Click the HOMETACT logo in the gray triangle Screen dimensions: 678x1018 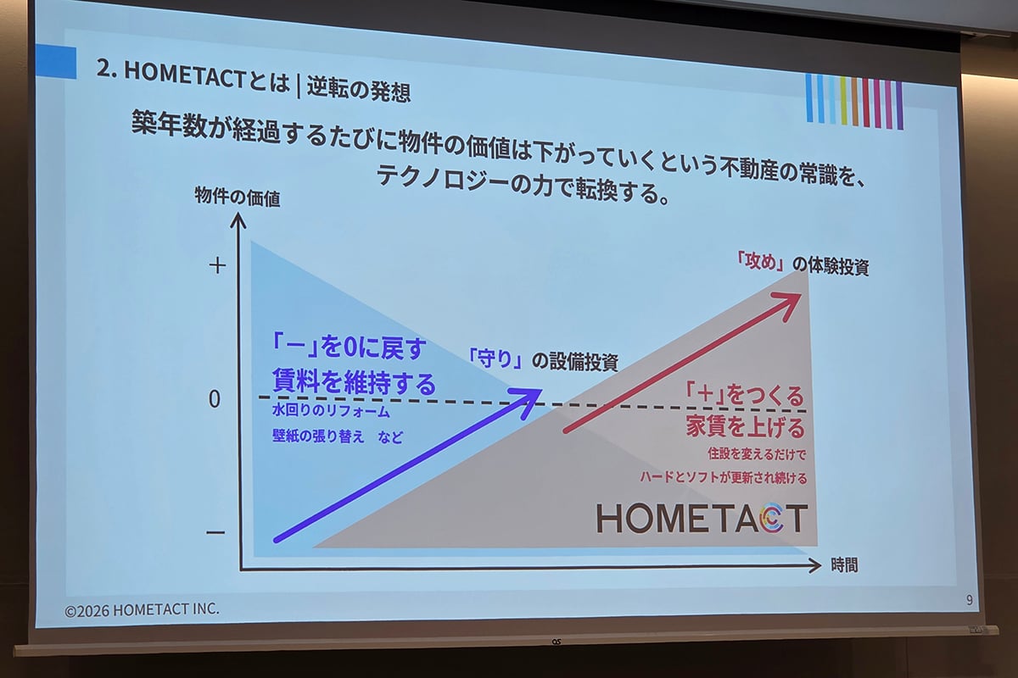coord(701,518)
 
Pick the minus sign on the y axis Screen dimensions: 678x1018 coord(215,532)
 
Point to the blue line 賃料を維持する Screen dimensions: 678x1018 coord(354,381)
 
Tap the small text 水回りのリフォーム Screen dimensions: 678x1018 coord(331,413)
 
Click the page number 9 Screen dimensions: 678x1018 coord(969,600)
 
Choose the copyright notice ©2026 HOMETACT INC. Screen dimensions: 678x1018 coord(143,609)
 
